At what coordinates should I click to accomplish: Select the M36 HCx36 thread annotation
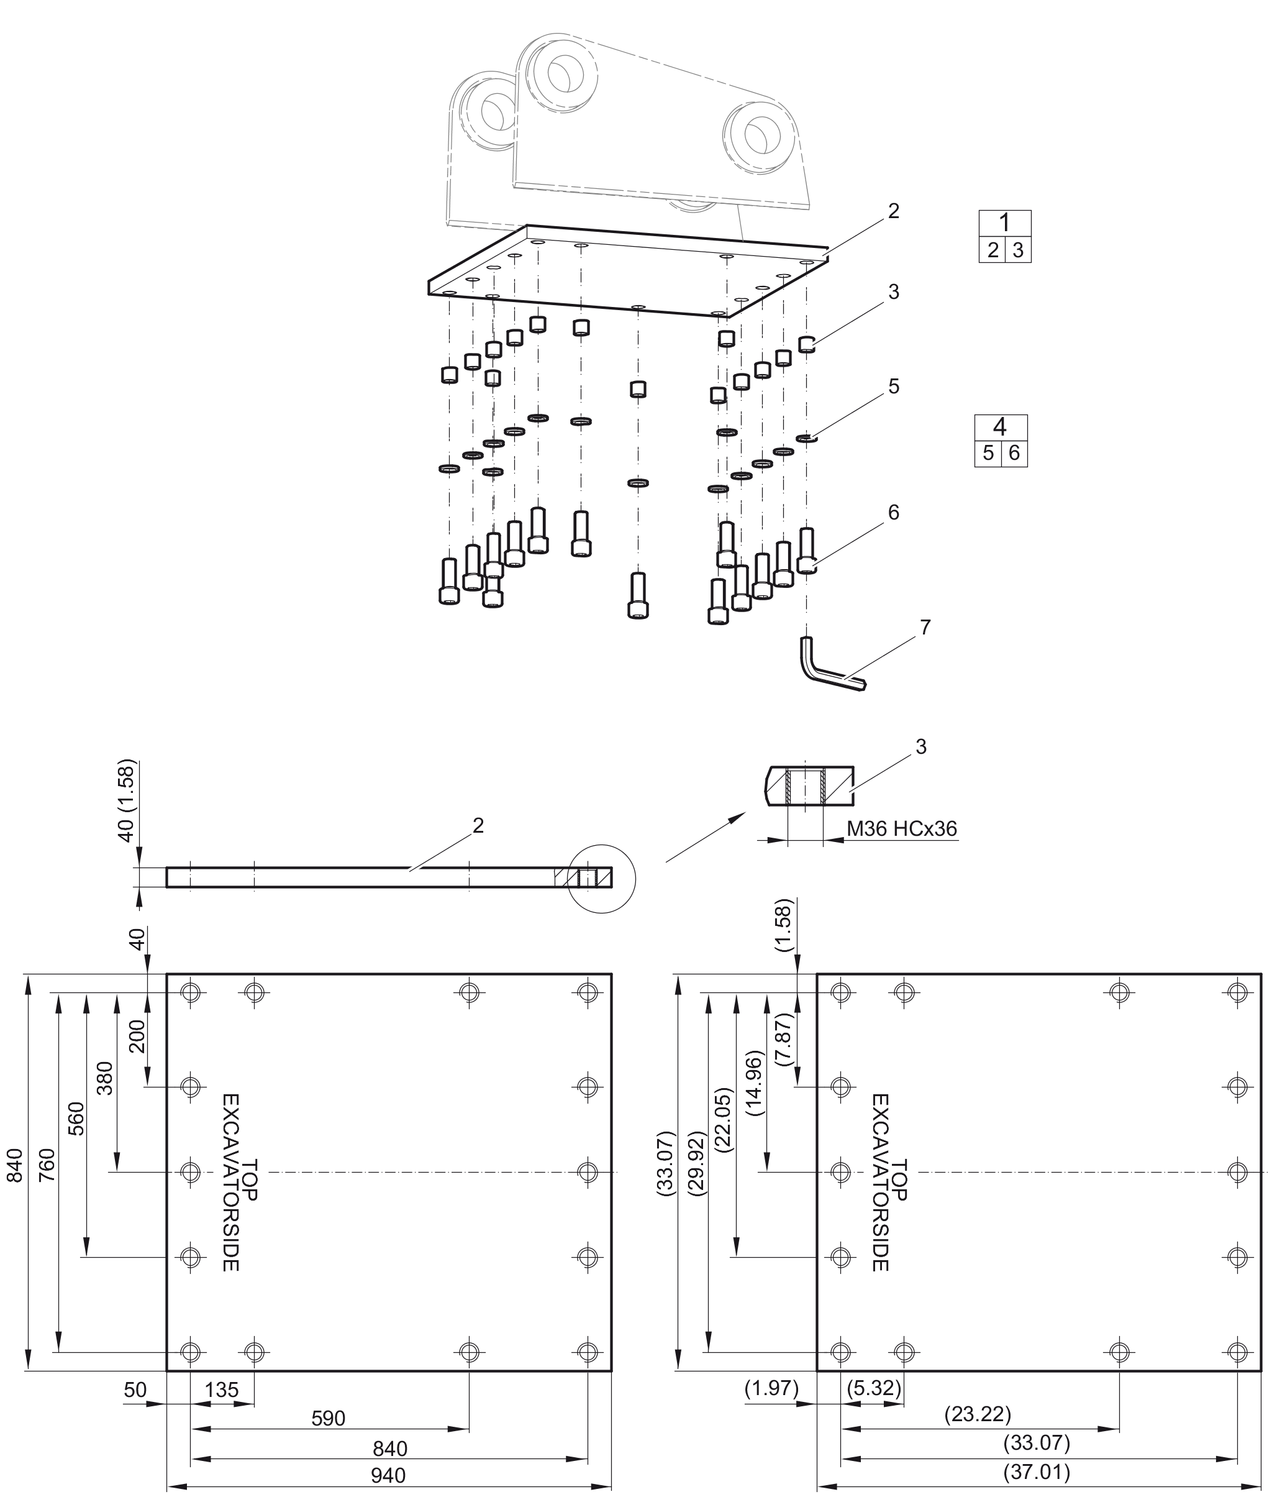(901, 828)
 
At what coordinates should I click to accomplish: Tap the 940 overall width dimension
(388, 1475)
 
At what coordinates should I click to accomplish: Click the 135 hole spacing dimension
(221, 1389)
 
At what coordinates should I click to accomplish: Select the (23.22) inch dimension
(978, 1414)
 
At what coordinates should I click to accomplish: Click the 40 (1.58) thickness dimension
(127, 800)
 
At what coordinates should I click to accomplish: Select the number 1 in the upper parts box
(1004, 223)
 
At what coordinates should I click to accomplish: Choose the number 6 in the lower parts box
(1014, 453)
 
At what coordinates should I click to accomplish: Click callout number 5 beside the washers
(893, 387)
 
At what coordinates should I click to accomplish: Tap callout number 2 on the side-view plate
(478, 825)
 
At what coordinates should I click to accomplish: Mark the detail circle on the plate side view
(601, 878)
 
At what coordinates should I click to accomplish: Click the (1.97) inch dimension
(771, 1388)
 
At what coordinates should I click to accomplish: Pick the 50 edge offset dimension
(135, 1389)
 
